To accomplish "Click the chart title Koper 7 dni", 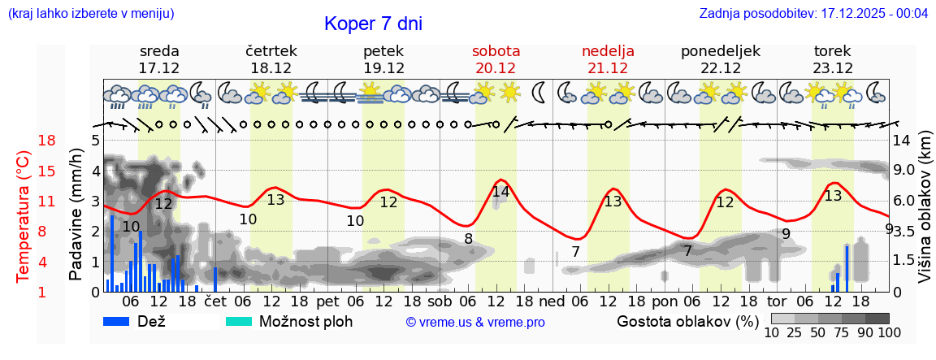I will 373,24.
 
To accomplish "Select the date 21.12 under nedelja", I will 608,68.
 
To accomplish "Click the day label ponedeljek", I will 720,51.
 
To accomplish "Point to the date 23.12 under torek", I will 833,68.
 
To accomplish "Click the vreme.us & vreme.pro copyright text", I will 474,323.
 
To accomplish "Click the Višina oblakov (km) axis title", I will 925,216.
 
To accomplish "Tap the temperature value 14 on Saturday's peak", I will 500,193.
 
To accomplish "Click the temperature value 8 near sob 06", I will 468,239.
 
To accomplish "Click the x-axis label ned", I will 551,301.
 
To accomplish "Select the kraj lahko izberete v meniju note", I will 91,14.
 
